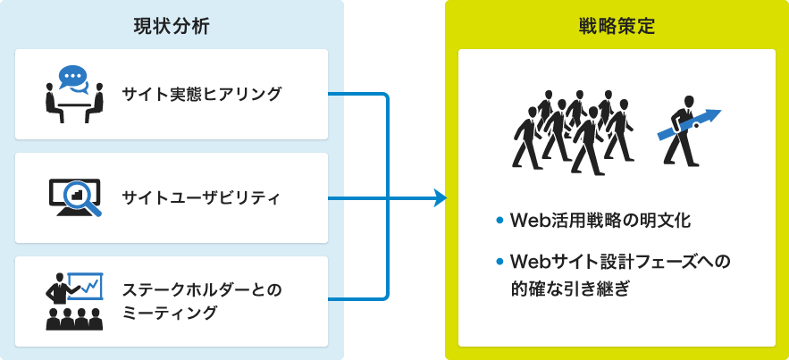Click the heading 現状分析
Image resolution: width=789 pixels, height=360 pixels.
click(x=171, y=26)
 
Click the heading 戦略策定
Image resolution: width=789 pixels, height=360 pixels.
click(x=617, y=26)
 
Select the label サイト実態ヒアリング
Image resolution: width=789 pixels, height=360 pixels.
click(x=201, y=94)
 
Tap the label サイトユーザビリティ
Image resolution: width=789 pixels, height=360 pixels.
click(x=201, y=197)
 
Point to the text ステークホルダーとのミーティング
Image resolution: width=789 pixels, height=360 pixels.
click(x=201, y=300)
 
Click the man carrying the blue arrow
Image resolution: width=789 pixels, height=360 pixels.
click(x=683, y=132)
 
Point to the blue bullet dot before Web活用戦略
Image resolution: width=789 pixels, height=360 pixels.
click(x=499, y=220)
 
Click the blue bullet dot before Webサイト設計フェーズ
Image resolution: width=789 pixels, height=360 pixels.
click(x=499, y=263)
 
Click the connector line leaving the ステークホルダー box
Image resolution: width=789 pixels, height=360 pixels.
click(x=357, y=298)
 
